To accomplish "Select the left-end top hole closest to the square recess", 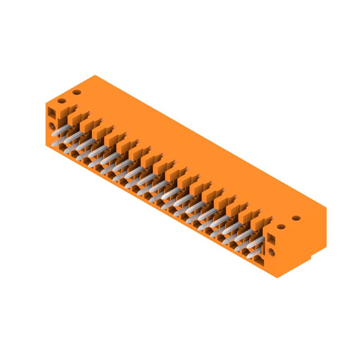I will pos(62,100).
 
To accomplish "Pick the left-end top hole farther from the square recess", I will pos(76,92).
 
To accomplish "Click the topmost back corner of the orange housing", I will pos(95,75).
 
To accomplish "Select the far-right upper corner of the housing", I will pos(326,207).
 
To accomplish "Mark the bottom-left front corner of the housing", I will pos(46,145).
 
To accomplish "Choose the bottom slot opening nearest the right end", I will pos(260,260).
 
